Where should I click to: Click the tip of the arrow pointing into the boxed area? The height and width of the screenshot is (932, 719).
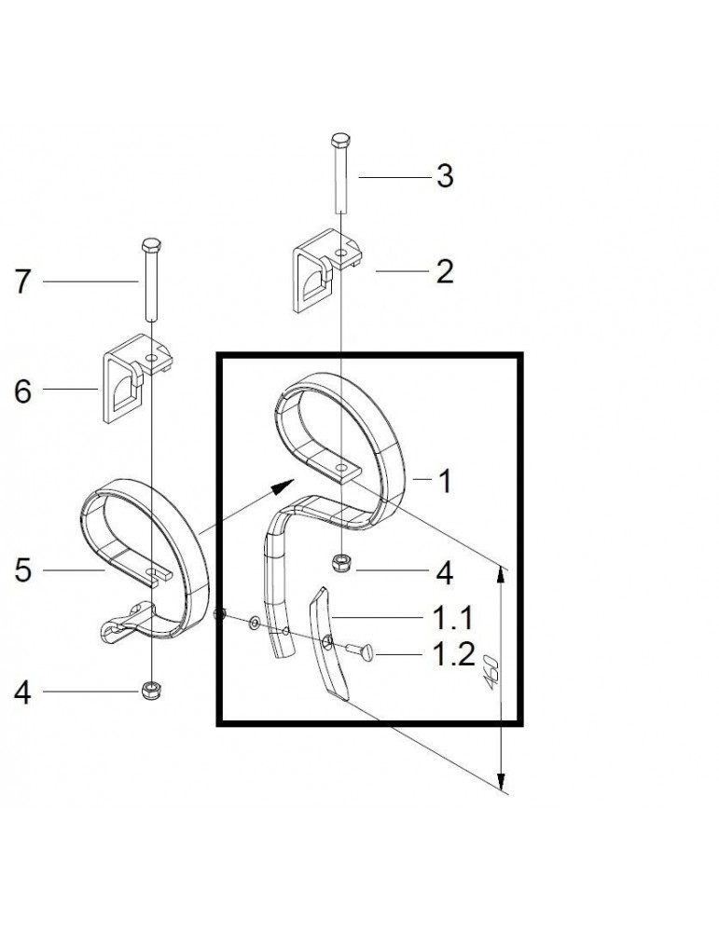tap(295, 479)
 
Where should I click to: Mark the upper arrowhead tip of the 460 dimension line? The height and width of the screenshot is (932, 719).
tap(502, 567)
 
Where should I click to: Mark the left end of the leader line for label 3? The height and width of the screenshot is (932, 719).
tap(359, 177)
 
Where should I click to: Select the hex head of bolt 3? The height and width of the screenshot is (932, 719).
tap(339, 141)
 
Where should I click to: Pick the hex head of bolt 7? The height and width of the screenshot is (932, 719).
tap(152, 244)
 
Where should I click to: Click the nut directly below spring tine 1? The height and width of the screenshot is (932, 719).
tap(340, 563)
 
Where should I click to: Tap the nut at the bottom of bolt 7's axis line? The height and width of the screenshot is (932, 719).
tap(152, 691)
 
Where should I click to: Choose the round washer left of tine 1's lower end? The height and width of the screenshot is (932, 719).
tap(255, 623)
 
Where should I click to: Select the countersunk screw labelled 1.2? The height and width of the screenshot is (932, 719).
tap(360, 651)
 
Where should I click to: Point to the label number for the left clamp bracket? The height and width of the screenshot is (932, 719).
tap(22, 392)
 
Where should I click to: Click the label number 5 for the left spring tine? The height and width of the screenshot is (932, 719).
tap(22, 571)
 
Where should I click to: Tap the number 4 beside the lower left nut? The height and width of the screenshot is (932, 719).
tap(22, 693)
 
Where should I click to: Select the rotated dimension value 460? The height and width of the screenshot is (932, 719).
tap(491, 672)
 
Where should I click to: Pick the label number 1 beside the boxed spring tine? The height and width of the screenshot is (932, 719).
tap(446, 481)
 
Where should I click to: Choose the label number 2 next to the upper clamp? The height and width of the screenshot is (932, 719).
tap(445, 271)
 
